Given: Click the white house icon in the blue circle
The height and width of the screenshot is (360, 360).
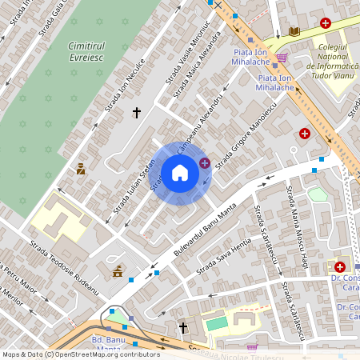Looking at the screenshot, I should (180, 172).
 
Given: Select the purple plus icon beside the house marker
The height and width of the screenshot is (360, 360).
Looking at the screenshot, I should (205, 163).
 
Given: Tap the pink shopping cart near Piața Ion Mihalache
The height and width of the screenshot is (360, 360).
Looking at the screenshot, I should (282, 58).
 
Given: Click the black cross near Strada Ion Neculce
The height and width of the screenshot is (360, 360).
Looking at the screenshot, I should (137, 113).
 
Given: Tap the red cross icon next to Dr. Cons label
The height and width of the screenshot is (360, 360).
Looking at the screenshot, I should (341, 266).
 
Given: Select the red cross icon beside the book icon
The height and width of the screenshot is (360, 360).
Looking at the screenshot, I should (325, 23).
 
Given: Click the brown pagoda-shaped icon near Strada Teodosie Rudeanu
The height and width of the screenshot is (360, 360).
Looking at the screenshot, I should (118, 271).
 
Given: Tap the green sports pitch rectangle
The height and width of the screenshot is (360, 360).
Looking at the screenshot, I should (216, 324).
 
